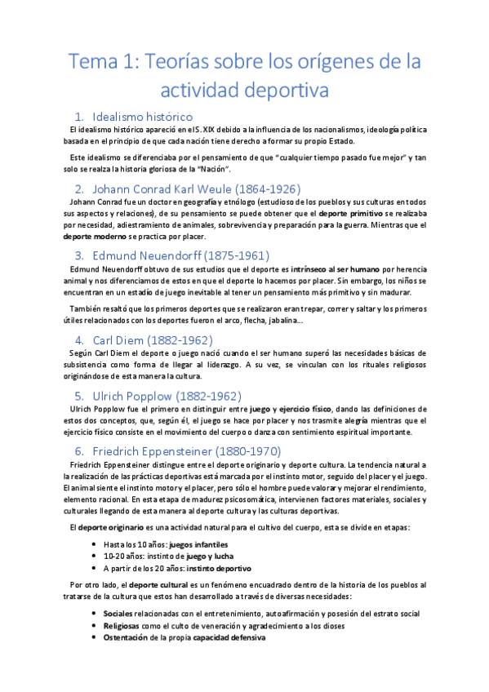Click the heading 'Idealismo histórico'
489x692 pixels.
(x=143, y=116)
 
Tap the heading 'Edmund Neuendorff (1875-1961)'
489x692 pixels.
(x=181, y=255)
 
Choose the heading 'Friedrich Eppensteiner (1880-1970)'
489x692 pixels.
(x=188, y=451)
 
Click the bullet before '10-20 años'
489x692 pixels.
(x=96, y=556)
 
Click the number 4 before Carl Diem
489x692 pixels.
(x=78, y=340)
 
